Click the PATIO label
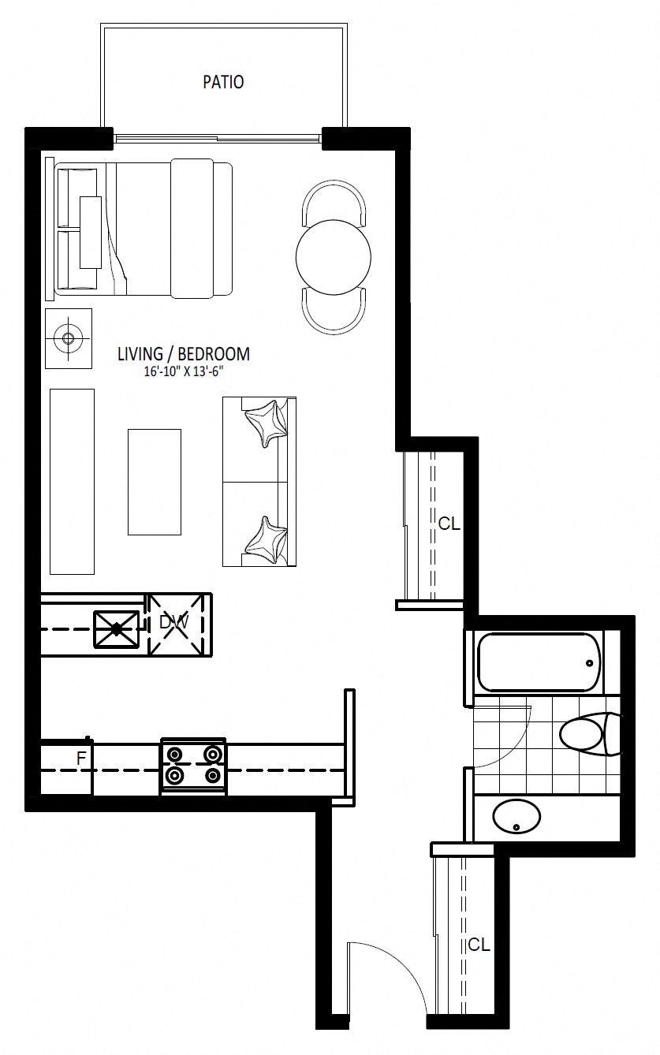click(223, 82)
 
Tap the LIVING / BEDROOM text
click(184, 354)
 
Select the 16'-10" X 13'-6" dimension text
click(183, 371)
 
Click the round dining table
click(333, 257)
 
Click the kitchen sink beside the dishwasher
click(117, 628)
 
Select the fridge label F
click(81, 758)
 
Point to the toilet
click(589, 734)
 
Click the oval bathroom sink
click(516, 817)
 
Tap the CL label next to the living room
click(449, 524)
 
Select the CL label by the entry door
click(479, 945)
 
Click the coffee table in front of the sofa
click(155, 482)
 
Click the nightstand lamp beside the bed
click(69, 338)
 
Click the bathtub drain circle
click(589, 663)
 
